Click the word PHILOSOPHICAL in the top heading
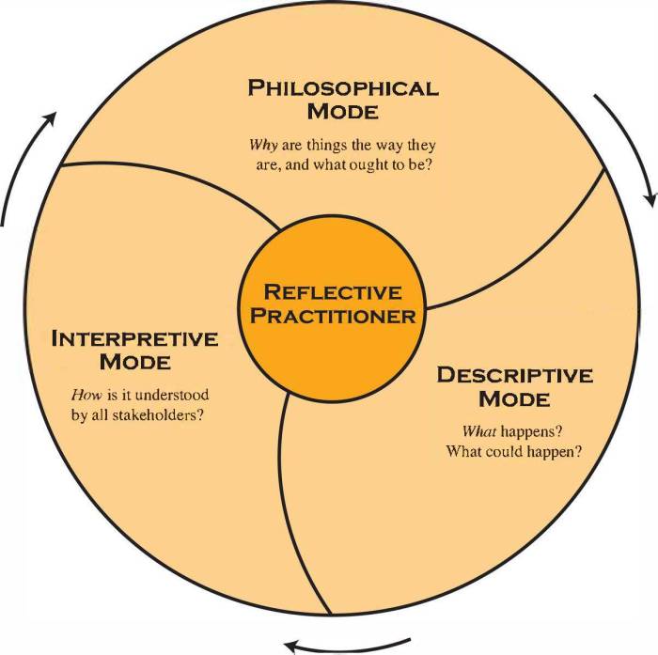[343, 88]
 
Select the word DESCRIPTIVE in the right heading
[514, 375]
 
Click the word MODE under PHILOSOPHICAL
[343, 112]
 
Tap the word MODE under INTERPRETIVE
[135, 362]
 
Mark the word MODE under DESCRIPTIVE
[514, 398]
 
